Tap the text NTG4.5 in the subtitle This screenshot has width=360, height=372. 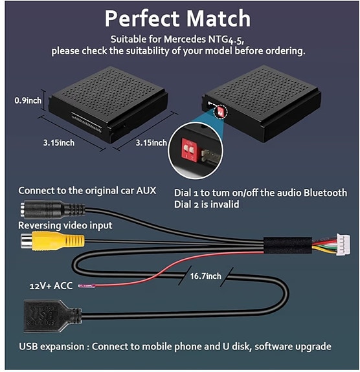coord(250,38)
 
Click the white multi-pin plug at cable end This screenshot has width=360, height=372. coord(341,246)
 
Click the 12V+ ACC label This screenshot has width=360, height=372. coord(50,285)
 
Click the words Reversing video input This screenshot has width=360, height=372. coord(65,225)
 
